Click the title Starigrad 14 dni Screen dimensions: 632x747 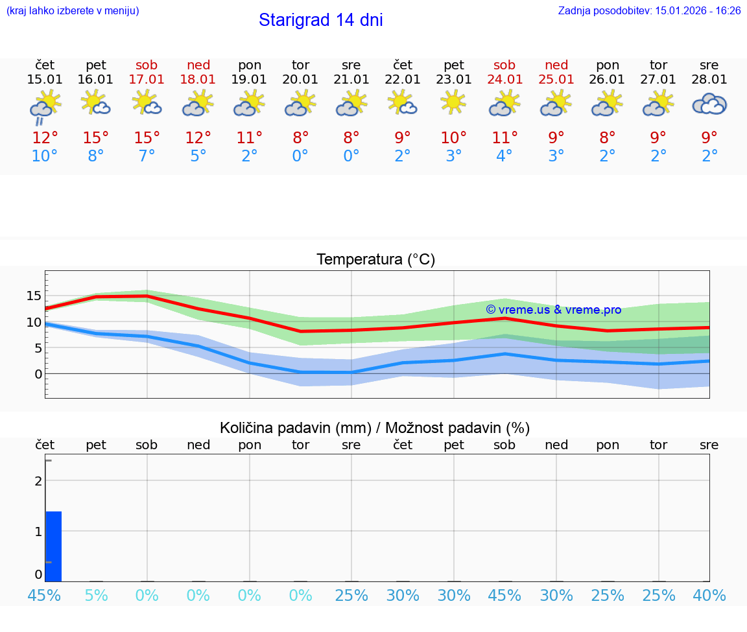320,20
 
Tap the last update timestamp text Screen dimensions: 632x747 649,11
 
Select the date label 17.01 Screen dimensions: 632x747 147,80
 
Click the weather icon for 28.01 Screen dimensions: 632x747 709,104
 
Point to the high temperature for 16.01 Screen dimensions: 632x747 96,138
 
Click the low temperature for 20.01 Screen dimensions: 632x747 300,156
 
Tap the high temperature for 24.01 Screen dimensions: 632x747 504,138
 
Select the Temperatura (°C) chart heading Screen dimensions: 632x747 375,260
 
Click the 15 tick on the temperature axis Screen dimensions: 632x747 34,296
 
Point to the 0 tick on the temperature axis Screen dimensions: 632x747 38,374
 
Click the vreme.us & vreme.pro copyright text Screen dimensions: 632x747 553,310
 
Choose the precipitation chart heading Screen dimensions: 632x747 375,428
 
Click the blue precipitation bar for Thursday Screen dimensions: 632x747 54,546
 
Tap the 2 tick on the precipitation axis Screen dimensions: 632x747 38,480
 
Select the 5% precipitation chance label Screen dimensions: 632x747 96,595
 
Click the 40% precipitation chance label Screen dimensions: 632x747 709,595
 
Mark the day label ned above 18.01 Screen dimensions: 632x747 198,65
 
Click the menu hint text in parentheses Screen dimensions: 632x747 73,11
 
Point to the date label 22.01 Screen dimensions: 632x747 403,80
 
